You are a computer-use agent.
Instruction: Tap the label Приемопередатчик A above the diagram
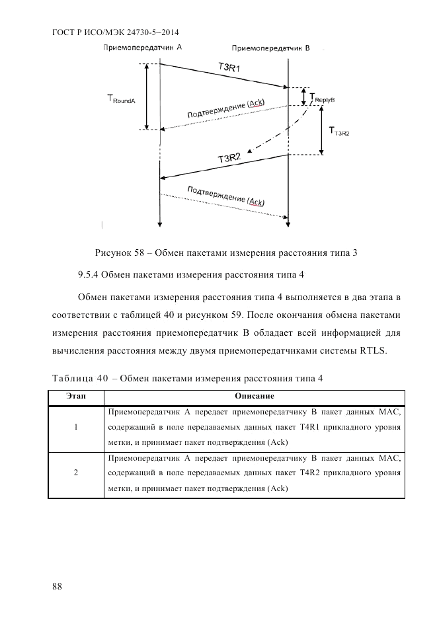point(142,48)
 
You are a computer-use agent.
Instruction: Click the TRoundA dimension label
point(121,99)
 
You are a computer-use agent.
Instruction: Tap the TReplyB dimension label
point(323,98)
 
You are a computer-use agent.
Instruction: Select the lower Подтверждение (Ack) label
point(225,196)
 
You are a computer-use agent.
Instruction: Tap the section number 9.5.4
point(91,272)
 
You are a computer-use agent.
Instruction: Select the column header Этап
point(76,396)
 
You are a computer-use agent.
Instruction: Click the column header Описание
point(255,396)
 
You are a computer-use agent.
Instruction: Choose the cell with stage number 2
point(76,473)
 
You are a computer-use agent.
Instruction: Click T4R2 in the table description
point(312,473)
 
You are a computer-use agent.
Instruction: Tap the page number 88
point(56,587)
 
